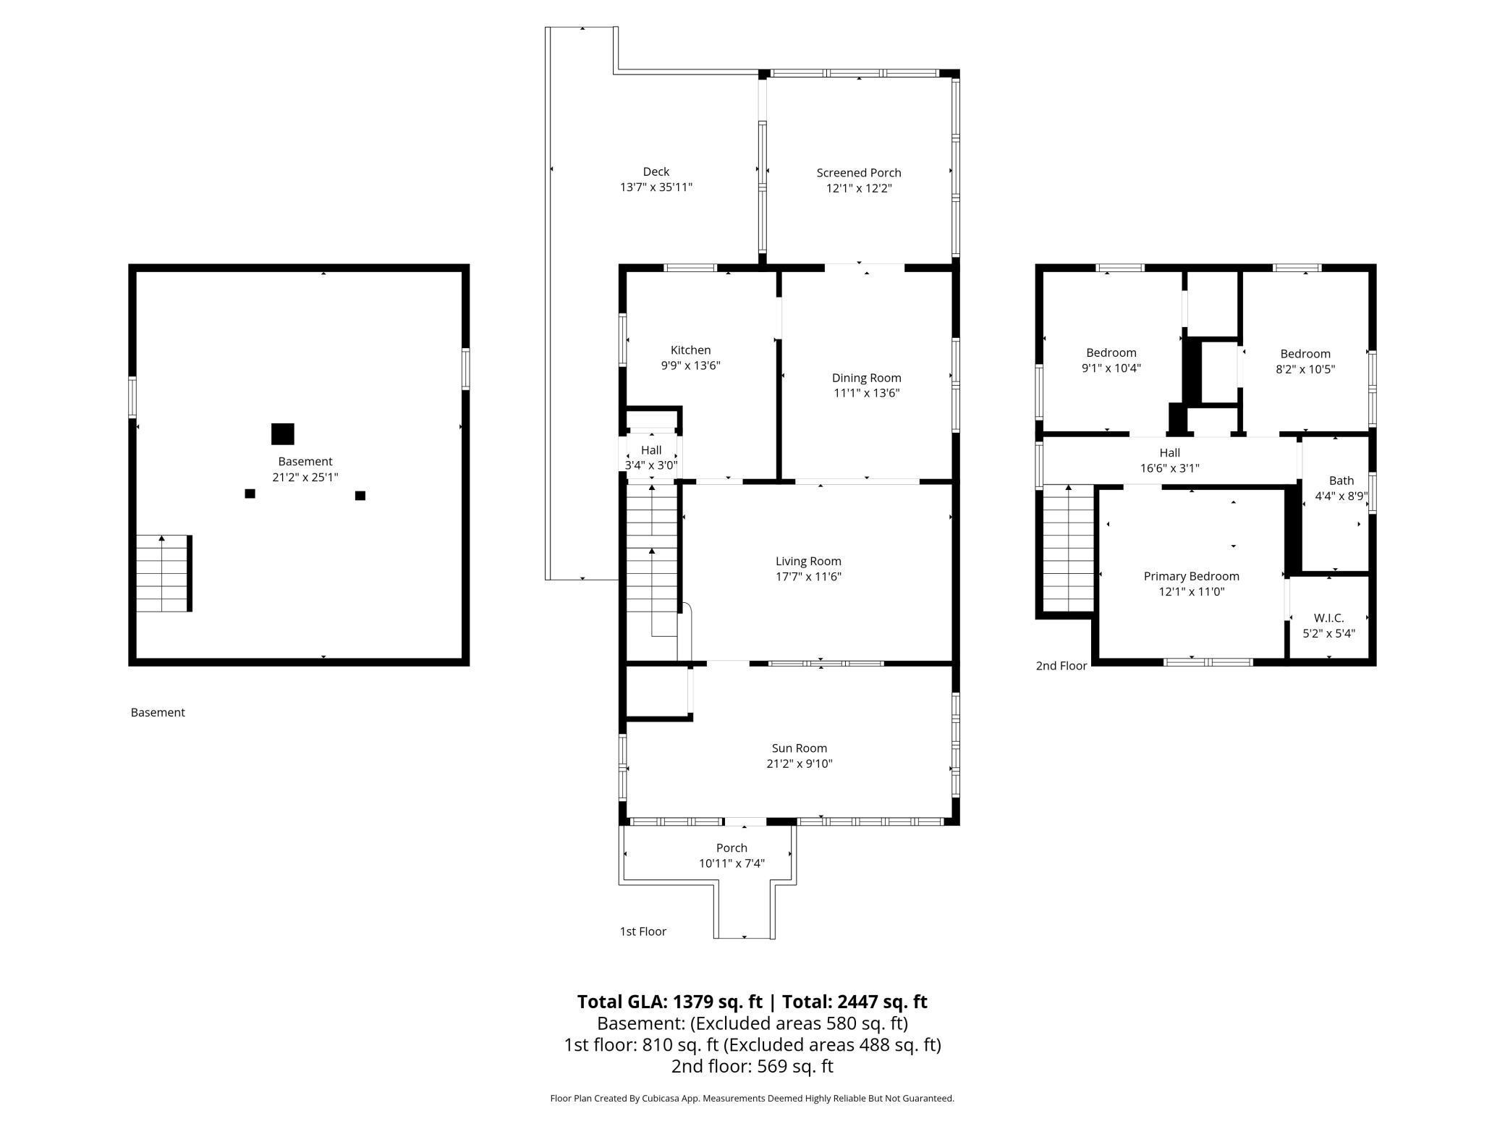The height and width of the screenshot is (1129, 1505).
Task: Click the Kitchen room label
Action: [x=690, y=350]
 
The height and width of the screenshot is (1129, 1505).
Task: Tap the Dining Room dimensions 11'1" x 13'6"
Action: [x=866, y=393]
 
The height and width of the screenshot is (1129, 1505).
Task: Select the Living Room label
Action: [x=808, y=561]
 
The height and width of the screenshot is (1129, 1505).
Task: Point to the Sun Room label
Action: [x=799, y=748]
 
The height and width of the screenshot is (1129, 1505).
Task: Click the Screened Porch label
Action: [x=859, y=173]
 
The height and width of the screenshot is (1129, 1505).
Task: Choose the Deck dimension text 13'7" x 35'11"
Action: [x=656, y=187]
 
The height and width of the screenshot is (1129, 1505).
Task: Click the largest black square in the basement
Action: [x=283, y=434]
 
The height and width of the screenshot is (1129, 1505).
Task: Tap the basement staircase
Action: [x=164, y=573]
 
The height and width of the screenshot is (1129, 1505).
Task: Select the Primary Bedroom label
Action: [x=1191, y=576]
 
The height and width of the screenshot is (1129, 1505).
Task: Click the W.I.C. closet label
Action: [x=1328, y=618]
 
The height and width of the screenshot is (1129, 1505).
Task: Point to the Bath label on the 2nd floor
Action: [x=1341, y=481]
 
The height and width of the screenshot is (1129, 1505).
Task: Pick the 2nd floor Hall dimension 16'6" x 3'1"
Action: [x=1169, y=468]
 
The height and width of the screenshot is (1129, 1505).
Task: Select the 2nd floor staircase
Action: [x=1068, y=549]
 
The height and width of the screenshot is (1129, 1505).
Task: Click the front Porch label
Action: [x=732, y=848]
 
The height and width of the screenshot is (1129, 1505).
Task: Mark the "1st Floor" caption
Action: [x=643, y=931]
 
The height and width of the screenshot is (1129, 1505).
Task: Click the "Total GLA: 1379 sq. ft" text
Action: [x=669, y=1002]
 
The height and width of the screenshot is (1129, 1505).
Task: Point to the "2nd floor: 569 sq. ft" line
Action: [x=752, y=1066]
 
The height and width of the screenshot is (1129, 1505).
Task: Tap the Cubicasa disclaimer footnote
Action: [x=752, y=1099]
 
